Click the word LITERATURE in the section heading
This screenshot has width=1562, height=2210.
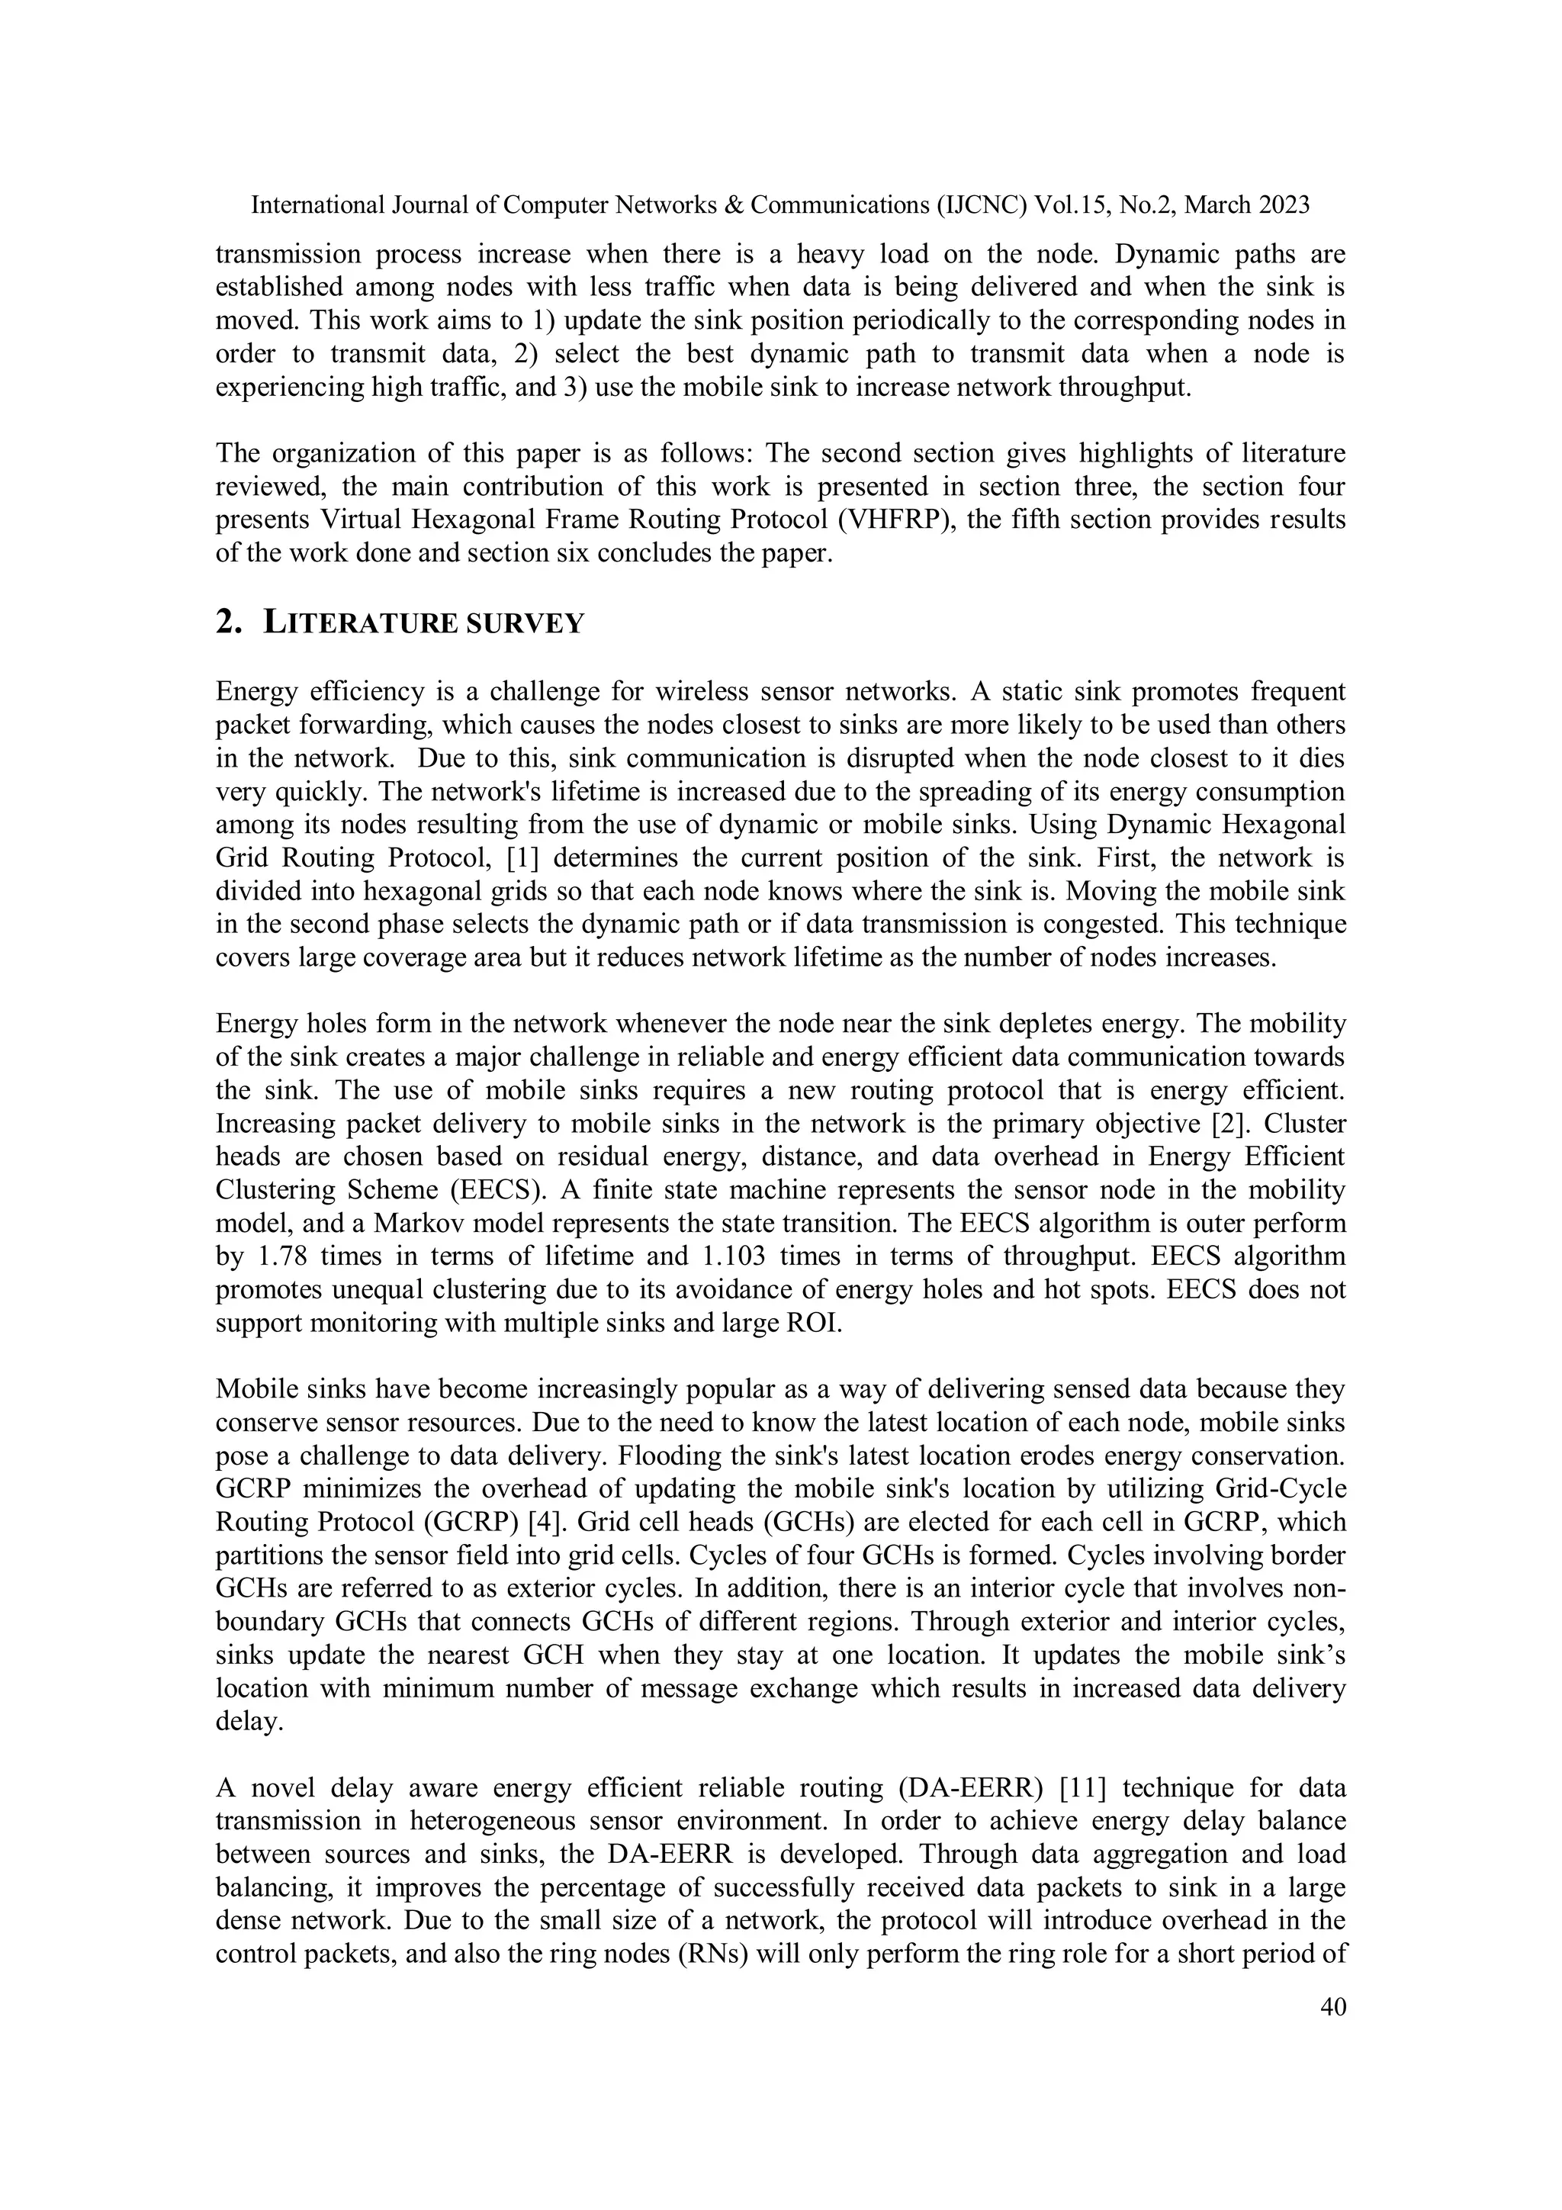point(362,624)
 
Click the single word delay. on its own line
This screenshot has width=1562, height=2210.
point(249,1721)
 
